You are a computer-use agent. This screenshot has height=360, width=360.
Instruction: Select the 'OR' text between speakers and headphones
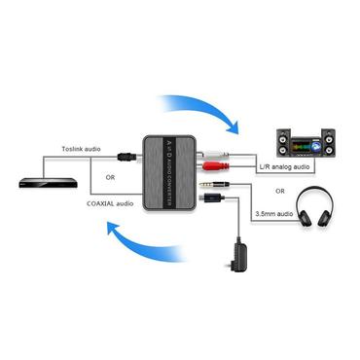click(282, 190)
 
